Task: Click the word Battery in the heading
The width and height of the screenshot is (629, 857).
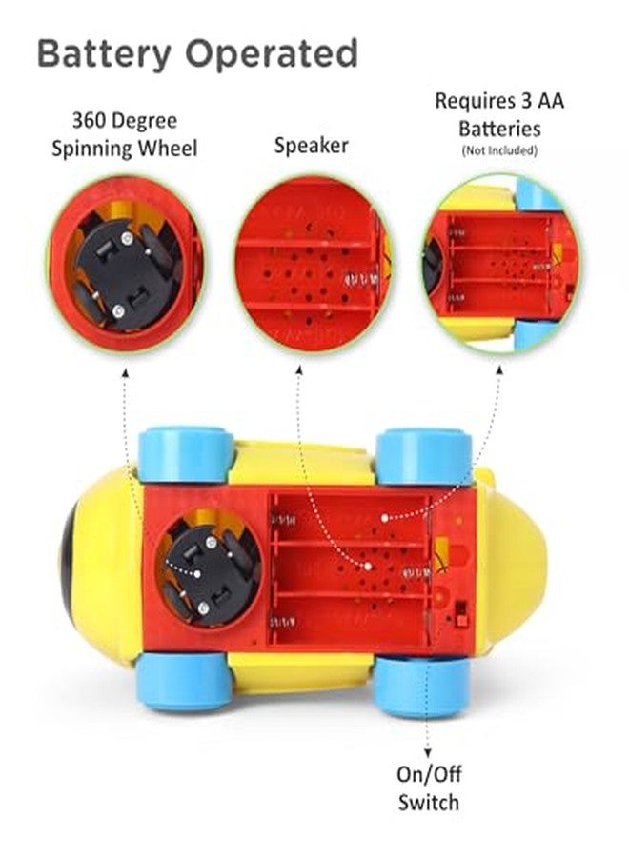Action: (104, 54)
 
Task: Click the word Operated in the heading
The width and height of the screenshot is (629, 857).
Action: (272, 53)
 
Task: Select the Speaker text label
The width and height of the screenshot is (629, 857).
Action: (312, 146)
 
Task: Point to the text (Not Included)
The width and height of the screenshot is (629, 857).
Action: (499, 150)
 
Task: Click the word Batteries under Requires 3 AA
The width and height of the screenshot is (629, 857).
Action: (500, 129)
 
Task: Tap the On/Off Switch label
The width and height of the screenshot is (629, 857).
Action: (429, 788)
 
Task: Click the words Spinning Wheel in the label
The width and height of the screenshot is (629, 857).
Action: (125, 149)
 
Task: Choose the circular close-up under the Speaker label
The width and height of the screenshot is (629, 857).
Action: (312, 265)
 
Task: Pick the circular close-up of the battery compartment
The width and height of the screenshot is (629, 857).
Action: (499, 265)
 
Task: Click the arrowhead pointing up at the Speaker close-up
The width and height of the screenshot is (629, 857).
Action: (299, 370)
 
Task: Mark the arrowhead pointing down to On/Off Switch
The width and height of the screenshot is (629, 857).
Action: (428, 754)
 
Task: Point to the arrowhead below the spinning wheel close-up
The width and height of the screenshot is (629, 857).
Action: (125, 372)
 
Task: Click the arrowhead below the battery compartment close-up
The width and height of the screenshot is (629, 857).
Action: (499, 370)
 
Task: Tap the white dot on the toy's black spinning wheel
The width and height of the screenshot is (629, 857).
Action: (197, 573)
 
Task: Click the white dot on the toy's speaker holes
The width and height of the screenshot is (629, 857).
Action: (368, 566)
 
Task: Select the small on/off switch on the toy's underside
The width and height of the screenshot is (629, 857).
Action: (461, 614)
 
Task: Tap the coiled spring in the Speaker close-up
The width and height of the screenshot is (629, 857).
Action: (361, 280)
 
